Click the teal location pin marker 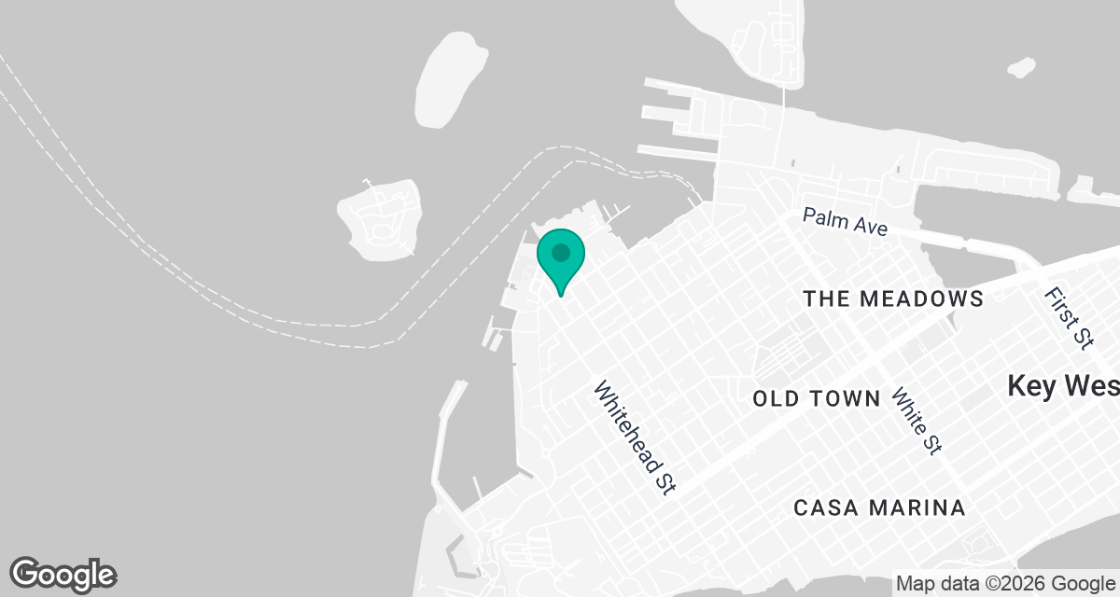560,258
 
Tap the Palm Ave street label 845,223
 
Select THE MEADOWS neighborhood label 893,298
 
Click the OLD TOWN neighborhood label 817,399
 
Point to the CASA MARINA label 879,508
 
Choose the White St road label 916,421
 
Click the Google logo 63,575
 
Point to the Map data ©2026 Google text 1004,584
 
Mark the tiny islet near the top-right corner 1021,68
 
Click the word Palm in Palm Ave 822,217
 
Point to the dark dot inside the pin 560,252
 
